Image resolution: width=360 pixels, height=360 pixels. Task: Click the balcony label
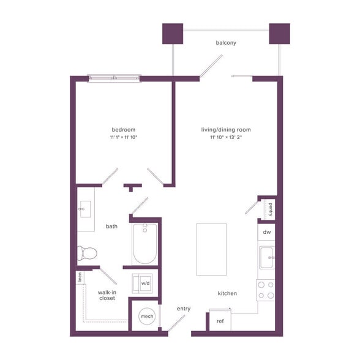coord(226,43)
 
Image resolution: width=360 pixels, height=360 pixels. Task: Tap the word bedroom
coord(124,129)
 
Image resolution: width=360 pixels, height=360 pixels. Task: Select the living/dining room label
coord(226,129)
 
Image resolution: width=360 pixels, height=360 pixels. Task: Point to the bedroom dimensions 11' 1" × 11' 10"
coord(124,137)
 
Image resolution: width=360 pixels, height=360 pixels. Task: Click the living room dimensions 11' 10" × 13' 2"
coord(226,137)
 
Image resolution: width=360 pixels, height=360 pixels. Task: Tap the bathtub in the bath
coord(145,244)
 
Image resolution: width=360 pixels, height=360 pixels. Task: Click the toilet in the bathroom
coord(87,252)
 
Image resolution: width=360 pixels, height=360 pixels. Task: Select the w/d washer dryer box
coord(146,283)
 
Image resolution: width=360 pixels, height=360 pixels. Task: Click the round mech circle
coord(147,317)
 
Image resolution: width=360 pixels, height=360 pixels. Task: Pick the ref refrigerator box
coord(220,321)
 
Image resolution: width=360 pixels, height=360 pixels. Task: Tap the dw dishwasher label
coord(267,233)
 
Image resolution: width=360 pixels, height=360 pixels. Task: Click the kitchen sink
coord(267,258)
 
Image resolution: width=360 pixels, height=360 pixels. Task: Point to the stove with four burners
coord(266,290)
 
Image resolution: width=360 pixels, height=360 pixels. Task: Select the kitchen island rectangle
coord(211,249)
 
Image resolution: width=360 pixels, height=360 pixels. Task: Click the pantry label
coord(270,210)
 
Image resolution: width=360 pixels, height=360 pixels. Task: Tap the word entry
coord(184,309)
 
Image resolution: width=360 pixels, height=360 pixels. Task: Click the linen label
coord(80,277)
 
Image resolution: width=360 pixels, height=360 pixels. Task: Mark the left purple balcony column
coord(172,34)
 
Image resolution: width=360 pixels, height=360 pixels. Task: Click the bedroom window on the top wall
coord(114,78)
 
